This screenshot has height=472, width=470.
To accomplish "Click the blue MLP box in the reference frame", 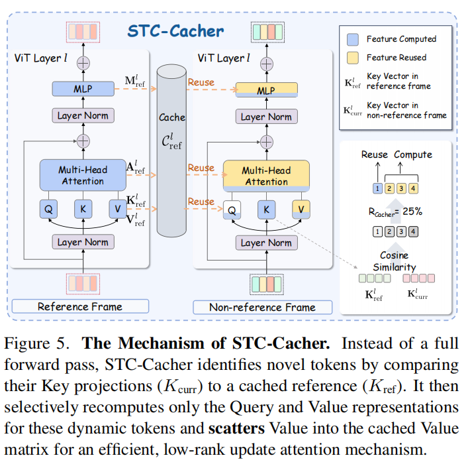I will point(82,88).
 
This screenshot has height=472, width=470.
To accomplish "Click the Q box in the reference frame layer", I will point(49,209).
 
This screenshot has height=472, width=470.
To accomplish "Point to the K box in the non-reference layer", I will point(266,209).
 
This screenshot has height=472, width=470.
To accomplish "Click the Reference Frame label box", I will point(79,306).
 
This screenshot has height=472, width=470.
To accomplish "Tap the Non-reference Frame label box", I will point(262,307).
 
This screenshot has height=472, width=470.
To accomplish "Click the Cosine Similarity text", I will point(394,261).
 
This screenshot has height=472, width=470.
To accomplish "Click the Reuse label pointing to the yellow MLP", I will point(201,82).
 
